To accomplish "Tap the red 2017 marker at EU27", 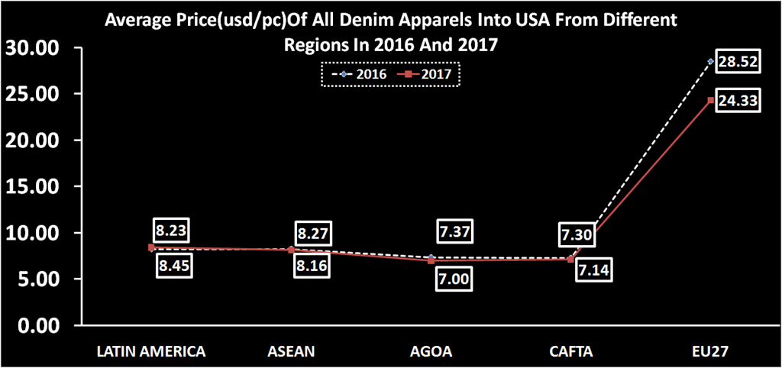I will pyautogui.click(x=711, y=100).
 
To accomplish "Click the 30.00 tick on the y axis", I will pyautogui.click(x=32, y=48).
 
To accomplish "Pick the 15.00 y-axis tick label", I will pyautogui.click(x=32, y=187).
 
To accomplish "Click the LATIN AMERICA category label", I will pyautogui.click(x=151, y=351).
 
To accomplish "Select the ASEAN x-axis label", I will pyautogui.click(x=291, y=351).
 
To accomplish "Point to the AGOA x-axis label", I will pyautogui.click(x=431, y=351).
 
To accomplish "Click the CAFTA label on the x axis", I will pyautogui.click(x=570, y=351).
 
